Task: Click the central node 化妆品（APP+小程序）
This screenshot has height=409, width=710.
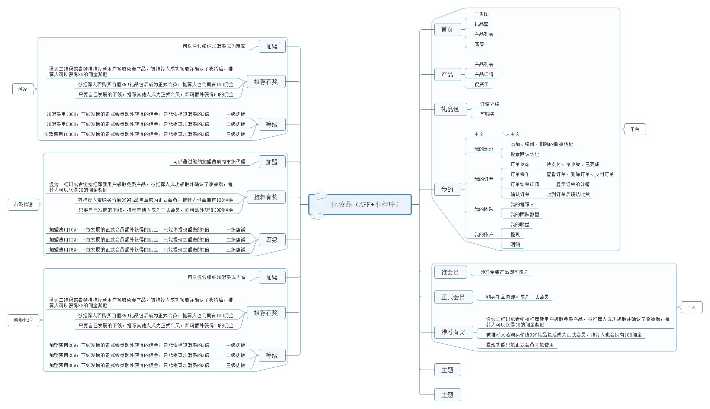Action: (364, 204)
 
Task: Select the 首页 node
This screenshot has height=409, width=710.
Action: (447, 30)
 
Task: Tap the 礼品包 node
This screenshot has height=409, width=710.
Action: (450, 109)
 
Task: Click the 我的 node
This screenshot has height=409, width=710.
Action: (447, 189)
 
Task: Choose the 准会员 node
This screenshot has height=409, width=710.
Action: (450, 272)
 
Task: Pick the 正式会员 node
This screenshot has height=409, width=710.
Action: (453, 297)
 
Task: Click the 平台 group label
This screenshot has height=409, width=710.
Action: (635, 129)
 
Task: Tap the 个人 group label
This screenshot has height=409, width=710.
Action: (691, 307)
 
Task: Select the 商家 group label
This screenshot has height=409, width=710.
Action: (23, 89)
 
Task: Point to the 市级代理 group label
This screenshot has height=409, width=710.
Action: (23, 204)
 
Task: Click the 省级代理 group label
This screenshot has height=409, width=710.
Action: (23, 320)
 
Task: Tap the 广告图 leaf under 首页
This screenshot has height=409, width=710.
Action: (481, 14)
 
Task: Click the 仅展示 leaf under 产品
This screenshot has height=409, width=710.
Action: (481, 84)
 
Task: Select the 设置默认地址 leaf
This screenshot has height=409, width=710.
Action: (524, 154)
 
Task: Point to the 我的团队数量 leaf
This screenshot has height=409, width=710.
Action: (524, 214)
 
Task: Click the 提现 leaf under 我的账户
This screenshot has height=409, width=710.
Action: (515, 234)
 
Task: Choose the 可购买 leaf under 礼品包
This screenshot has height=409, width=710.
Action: (487, 114)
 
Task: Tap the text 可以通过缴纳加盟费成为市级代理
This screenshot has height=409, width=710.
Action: (209, 162)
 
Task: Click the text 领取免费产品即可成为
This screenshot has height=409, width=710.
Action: (504, 272)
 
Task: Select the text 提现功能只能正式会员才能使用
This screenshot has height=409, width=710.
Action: (520, 345)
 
